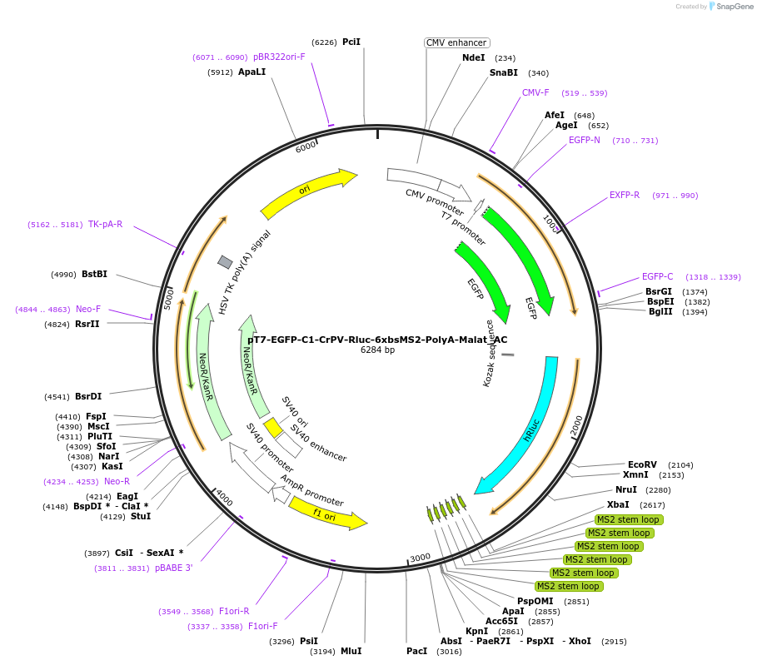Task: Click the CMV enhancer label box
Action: tap(456, 42)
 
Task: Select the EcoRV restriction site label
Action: tap(642, 464)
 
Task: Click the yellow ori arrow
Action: tap(307, 191)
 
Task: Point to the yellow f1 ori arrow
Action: tap(326, 515)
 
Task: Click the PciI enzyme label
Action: tap(351, 42)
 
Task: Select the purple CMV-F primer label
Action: tap(535, 92)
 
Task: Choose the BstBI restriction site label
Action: tap(95, 275)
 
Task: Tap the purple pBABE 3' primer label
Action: tap(173, 568)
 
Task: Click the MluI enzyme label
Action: tap(351, 651)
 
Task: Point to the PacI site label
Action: tap(416, 651)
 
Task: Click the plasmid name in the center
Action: tap(377, 340)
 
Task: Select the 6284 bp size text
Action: tap(377, 350)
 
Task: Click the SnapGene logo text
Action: tap(735, 7)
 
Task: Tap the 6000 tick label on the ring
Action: tap(306, 146)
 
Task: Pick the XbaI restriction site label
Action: tap(618, 505)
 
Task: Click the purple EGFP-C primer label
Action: tap(657, 277)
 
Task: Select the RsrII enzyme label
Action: tap(87, 325)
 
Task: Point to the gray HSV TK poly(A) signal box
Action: tap(225, 262)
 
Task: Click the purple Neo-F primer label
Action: tap(88, 309)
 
